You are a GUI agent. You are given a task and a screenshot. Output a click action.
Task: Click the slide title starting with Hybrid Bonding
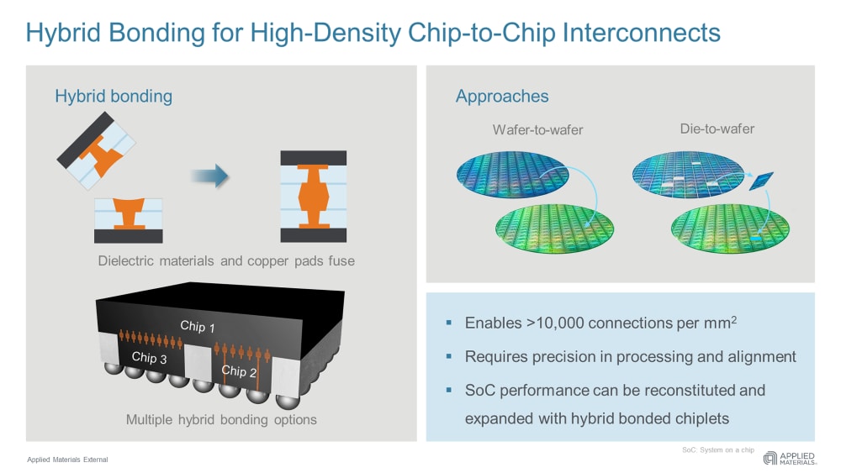click(x=373, y=33)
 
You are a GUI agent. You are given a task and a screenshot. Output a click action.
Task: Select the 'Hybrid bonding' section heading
click(x=114, y=96)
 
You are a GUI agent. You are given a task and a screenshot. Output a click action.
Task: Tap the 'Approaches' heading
click(x=502, y=96)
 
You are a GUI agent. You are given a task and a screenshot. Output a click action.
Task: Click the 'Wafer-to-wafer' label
click(x=537, y=130)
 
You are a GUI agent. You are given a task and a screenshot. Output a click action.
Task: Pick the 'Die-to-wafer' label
click(x=717, y=129)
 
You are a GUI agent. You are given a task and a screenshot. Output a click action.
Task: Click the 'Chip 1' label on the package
click(x=198, y=326)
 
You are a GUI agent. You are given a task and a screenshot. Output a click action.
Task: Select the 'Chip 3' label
click(x=150, y=357)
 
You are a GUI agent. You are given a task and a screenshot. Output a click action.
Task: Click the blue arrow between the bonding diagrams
click(x=209, y=176)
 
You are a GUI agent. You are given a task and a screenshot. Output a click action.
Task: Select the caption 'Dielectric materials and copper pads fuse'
click(x=226, y=261)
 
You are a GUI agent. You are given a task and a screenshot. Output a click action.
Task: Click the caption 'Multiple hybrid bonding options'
click(x=221, y=419)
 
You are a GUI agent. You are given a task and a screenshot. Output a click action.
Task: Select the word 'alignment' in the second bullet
click(x=762, y=356)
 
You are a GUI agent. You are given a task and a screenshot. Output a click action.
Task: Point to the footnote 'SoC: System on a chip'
click(x=717, y=450)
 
